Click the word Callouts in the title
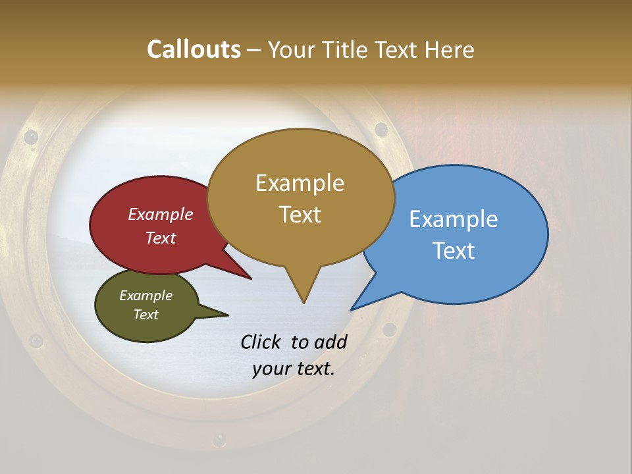pyautogui.click(x=194, y=49)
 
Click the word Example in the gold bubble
pyautogui.click(x=300, y=183)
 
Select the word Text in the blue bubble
pyautogui.click(x=454, y=251)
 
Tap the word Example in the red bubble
pyautogui.click(x=161, y=214)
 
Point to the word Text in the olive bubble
pyautogui.click(x=146, y=315)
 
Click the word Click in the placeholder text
pyautogui.click(x=261, y=342)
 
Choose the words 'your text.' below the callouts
pyautogui.click(x=294, y=369)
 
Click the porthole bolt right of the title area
pyautogui.click(x=381, y=129)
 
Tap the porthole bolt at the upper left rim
pyautogui.click(x=31, y=137)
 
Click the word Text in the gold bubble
pyautogui.click(x=300, y=215)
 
